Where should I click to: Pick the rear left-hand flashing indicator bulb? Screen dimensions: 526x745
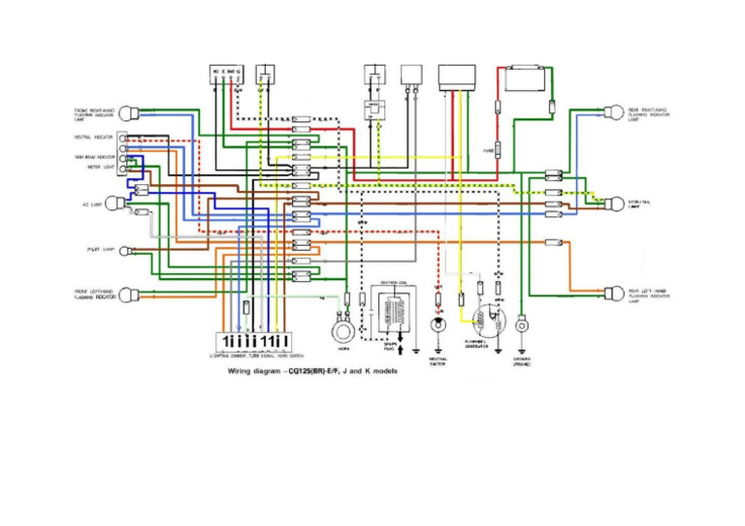[613, 293]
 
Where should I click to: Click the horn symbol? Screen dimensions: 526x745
[340, 330]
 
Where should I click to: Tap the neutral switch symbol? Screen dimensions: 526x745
[437, 321]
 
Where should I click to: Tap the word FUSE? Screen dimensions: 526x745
[487, 151]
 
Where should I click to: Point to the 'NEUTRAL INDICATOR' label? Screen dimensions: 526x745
[93, 138]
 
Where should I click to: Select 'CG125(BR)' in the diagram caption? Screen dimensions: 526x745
[337, 371]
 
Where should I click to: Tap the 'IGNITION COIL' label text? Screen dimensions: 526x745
[394, 283]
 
